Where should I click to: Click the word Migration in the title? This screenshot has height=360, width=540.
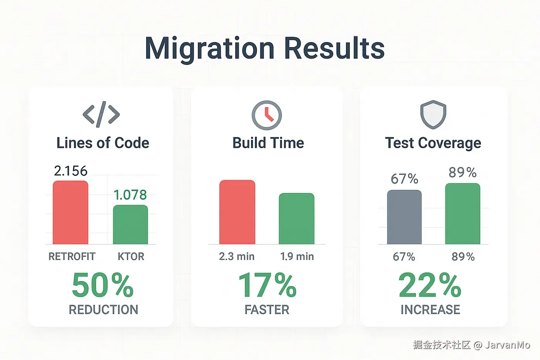click(209, 49)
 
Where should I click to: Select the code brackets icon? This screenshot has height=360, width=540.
click(101, 115)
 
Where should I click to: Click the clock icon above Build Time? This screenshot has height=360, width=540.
click(267, 115)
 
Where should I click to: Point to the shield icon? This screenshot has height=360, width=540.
click(433, 115)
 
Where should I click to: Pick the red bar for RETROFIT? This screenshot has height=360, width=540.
click(70, 213)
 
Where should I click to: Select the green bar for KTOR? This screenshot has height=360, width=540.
click(130, 225)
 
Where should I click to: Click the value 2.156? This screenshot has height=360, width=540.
click(71, 171)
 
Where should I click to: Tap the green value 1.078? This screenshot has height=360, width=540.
click(130, 195)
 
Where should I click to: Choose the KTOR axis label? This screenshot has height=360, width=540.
click(131, 257)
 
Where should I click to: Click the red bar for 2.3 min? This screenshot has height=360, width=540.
click(237, 212)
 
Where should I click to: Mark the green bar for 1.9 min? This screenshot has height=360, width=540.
click(296, 218)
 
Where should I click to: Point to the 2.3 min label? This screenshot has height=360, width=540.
click(236, 257)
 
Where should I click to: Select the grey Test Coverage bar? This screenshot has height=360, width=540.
click(404, 217)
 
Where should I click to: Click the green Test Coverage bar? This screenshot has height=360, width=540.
click(462, 214)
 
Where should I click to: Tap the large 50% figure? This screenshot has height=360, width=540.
click(103, 286)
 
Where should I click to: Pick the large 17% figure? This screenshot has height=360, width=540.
click(267, 286)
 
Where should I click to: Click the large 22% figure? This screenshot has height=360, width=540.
click(430, 286)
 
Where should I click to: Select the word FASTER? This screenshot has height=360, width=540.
click(267, 310)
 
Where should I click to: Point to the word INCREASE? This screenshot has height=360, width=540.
click(430, 310)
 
